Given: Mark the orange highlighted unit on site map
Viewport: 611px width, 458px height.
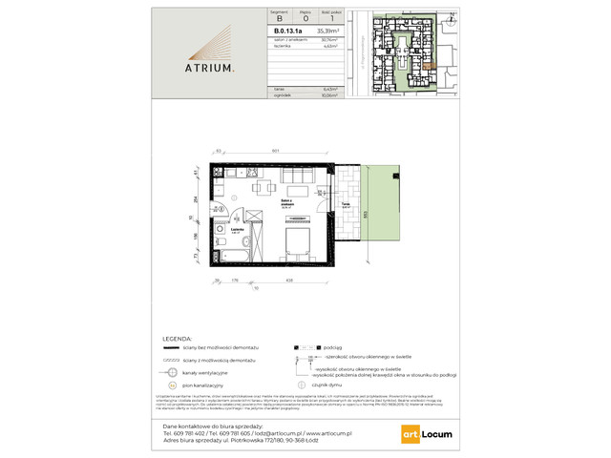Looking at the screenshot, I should pyautogui.click(x=432, y=65).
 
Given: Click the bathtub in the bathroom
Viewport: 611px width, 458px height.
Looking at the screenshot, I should pyautogui.click(x=231, y=257).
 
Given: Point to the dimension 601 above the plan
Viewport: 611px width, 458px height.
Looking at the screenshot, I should pyautogui.click(x=275, y=152).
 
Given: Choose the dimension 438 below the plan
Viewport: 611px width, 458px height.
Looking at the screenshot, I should pyautogui.click(x=288, y=280).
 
